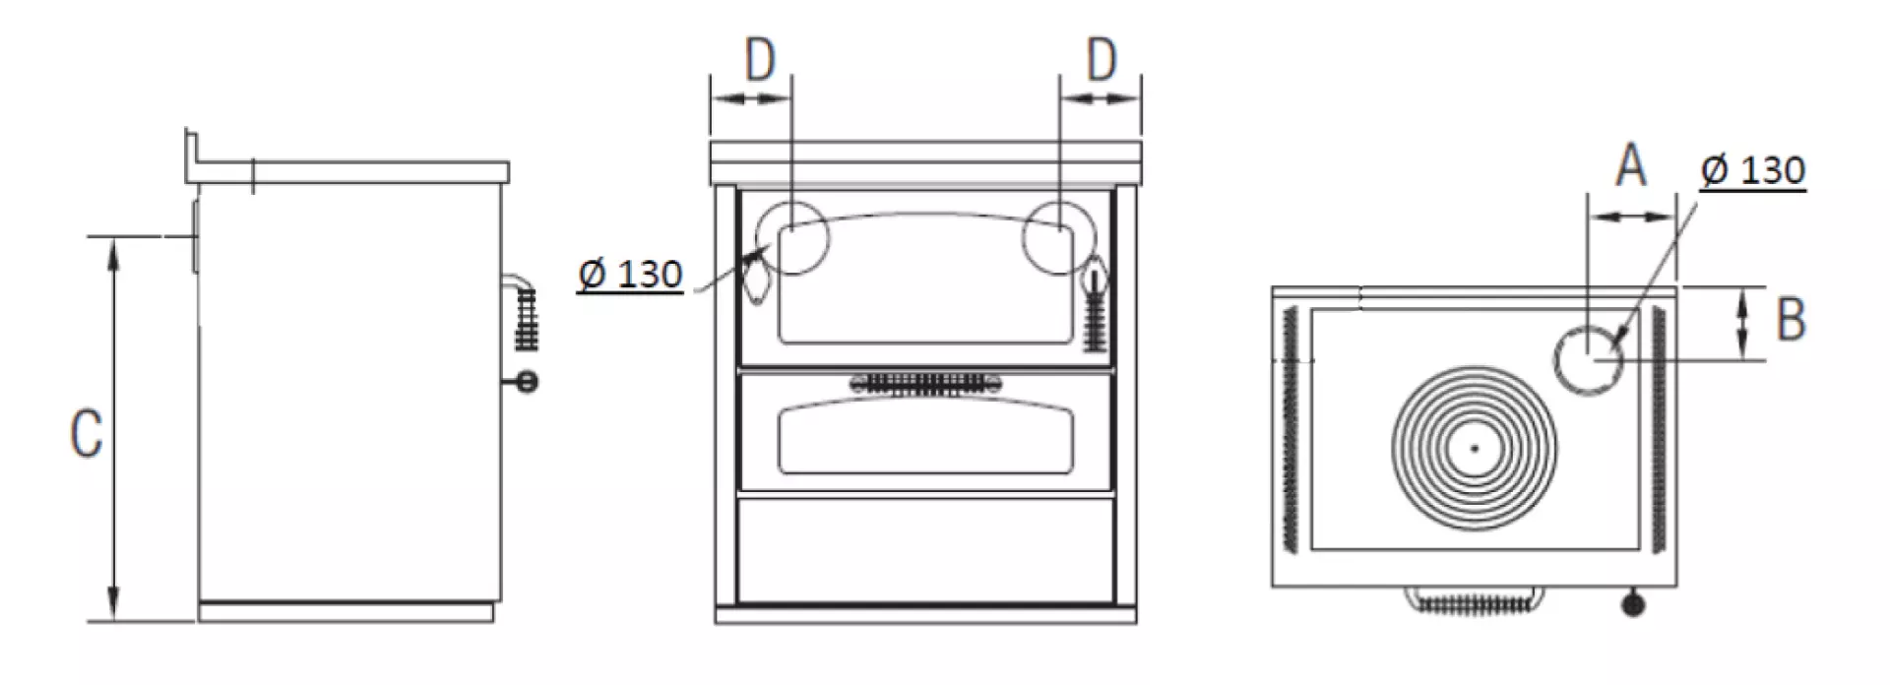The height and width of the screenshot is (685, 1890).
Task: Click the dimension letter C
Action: click(86, 434)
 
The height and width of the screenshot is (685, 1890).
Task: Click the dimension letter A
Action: click(1631, 165)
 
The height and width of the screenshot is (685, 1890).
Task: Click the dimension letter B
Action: click(1791, 320)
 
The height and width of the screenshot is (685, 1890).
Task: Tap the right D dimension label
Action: click(1102, 60)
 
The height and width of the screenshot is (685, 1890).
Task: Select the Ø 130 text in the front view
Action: click(630, 274)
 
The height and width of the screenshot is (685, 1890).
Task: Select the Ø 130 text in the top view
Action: click(1753, 170)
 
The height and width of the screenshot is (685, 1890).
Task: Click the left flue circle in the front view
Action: click(792, 203)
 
